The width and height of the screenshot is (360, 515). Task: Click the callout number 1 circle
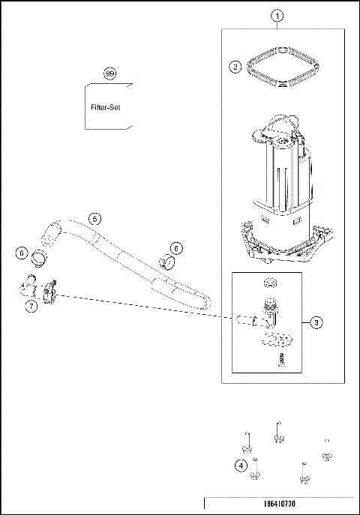pos(277,15)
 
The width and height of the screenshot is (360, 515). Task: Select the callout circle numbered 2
pos(235,67)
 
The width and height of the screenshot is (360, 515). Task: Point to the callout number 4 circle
pos(241,465)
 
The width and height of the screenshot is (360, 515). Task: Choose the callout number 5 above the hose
pos(94,219)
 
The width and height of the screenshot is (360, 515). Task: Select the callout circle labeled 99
pos(110,73)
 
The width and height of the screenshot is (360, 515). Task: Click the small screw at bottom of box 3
pos(283,361)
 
